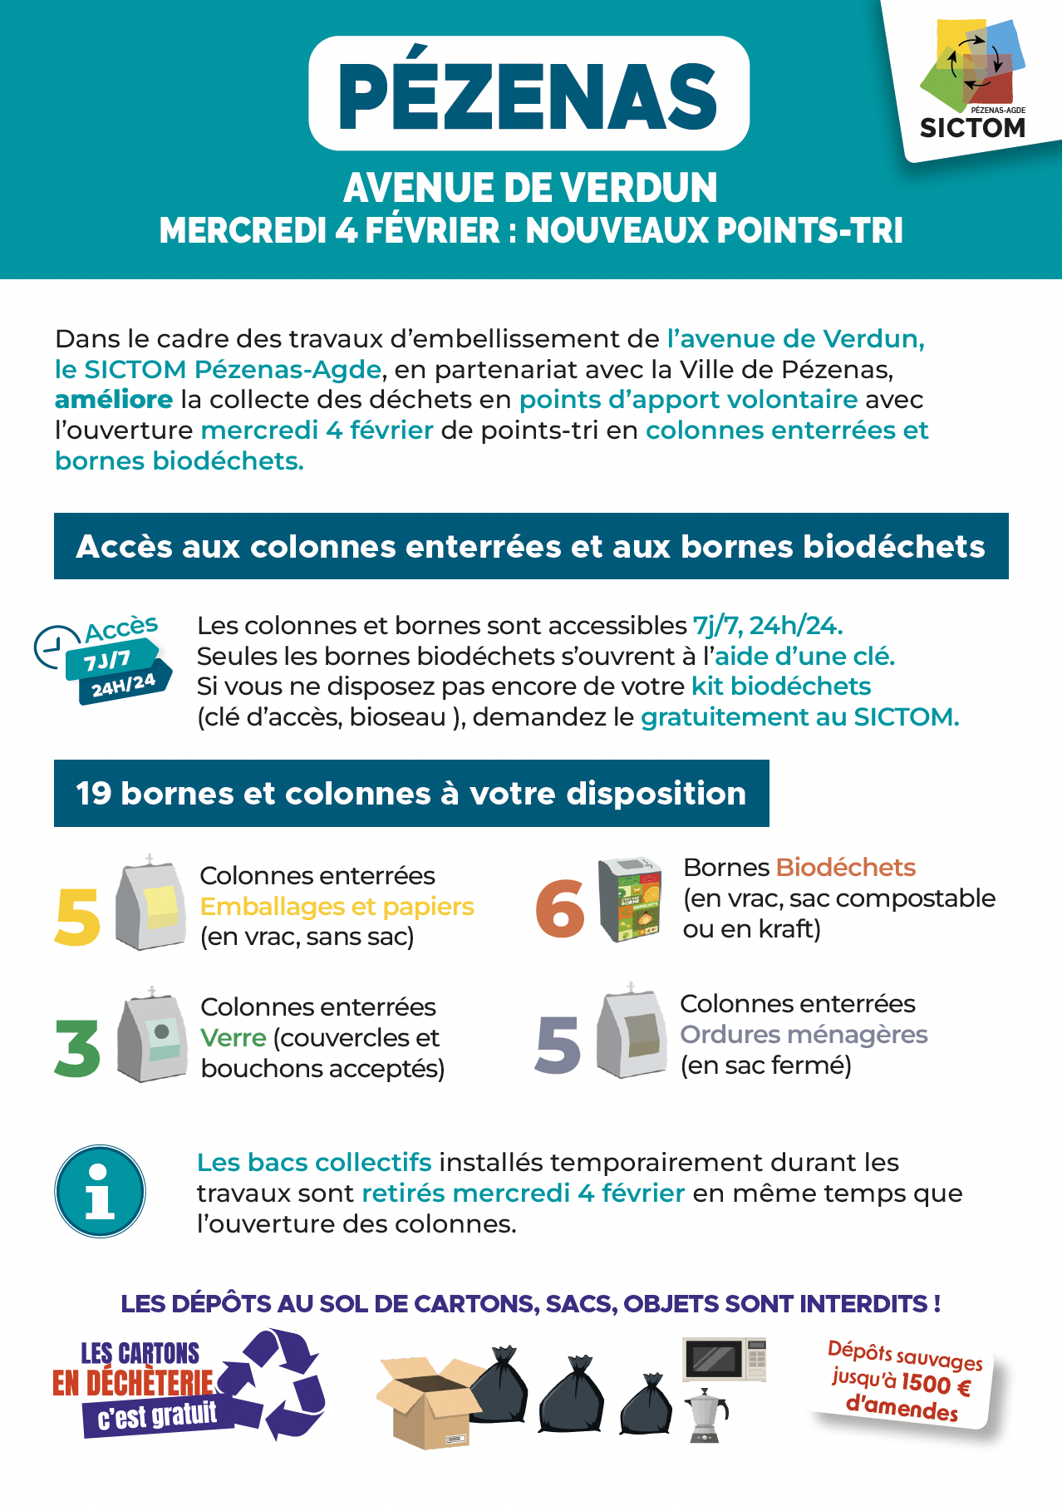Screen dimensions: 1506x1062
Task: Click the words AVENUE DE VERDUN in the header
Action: point(530,188)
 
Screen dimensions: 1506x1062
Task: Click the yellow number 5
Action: point(77,916)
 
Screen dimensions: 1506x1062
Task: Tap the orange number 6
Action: point(560,908)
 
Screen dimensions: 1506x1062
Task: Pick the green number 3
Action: point(77,1047)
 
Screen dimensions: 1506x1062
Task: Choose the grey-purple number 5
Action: point(558,1044)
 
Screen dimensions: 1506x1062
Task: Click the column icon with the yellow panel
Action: point(150,903)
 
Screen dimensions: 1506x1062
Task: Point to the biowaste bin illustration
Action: point(631,899)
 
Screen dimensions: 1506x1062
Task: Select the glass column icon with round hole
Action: point(153,1036)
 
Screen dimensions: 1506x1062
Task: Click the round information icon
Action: point(100,1191)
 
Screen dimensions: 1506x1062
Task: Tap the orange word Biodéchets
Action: point(845,868)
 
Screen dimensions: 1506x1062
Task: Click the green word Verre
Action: point(234,1038)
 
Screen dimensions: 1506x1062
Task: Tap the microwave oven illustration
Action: point(724,1361)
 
